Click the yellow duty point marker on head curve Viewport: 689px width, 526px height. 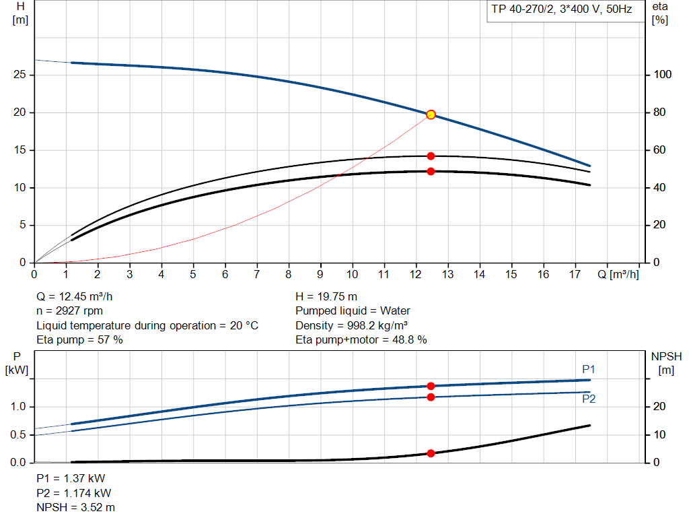pos(431,114)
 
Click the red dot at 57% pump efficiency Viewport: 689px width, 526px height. pos(431,156)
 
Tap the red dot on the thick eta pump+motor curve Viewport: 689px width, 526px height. pos(431,171)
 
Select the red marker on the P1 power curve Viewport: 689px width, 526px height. pos(431,386)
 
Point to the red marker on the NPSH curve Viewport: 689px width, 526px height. pos(431,453)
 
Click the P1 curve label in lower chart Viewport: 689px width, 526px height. pos(589,369)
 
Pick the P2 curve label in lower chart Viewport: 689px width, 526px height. pos(589,399)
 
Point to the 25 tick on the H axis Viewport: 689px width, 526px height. pos(20,75)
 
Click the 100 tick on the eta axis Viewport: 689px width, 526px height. pos(663,75)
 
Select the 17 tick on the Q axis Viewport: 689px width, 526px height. pos(575,275)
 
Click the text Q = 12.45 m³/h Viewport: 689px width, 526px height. pos(79,296)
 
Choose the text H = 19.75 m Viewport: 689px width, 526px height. pos(326,296)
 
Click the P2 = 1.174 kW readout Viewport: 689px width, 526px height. pos(74,493)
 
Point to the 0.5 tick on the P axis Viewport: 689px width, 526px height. pos(20,434)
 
